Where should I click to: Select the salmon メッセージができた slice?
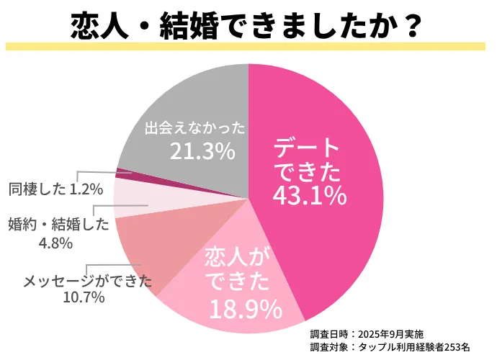148,245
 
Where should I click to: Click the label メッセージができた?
88,281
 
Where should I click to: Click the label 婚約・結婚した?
58,225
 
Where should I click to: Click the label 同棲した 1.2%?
55,189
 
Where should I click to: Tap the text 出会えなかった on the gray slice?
194,129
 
